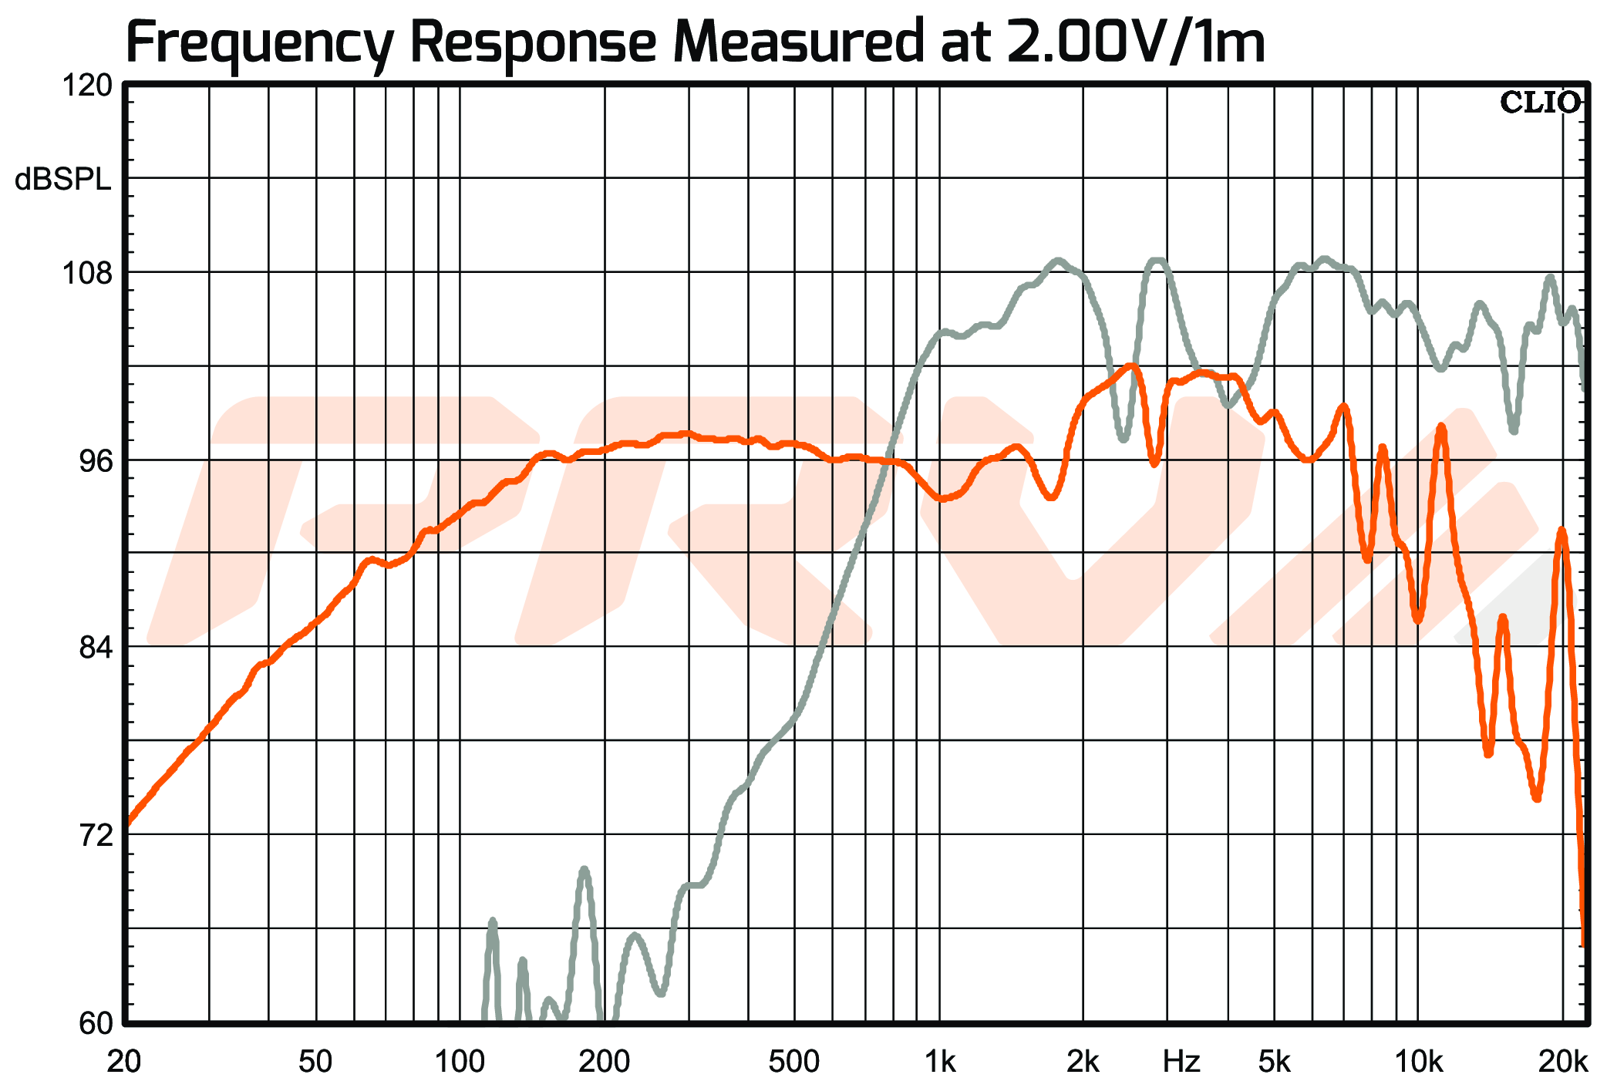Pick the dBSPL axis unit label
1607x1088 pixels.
[63, 180]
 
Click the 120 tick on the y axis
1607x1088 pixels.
[87, 85]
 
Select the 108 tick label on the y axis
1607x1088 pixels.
[87, 273]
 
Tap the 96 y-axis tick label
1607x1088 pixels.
[95, 460]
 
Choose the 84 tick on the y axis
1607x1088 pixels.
[95, 648]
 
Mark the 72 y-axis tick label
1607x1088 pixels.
[95, 835]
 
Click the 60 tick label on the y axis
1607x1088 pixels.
[95, 1023]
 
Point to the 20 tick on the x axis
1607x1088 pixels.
[124, 1062]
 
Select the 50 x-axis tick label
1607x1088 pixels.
[315, 1062]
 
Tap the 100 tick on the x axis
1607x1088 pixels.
[460, 1062]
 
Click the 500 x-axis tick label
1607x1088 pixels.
[793, 1062]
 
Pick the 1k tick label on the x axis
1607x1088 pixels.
[939, 1062]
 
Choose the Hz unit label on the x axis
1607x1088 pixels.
[1181, 1062]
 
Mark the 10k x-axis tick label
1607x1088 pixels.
[1418, 1062]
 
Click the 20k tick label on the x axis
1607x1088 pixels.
[1563, 1062]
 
